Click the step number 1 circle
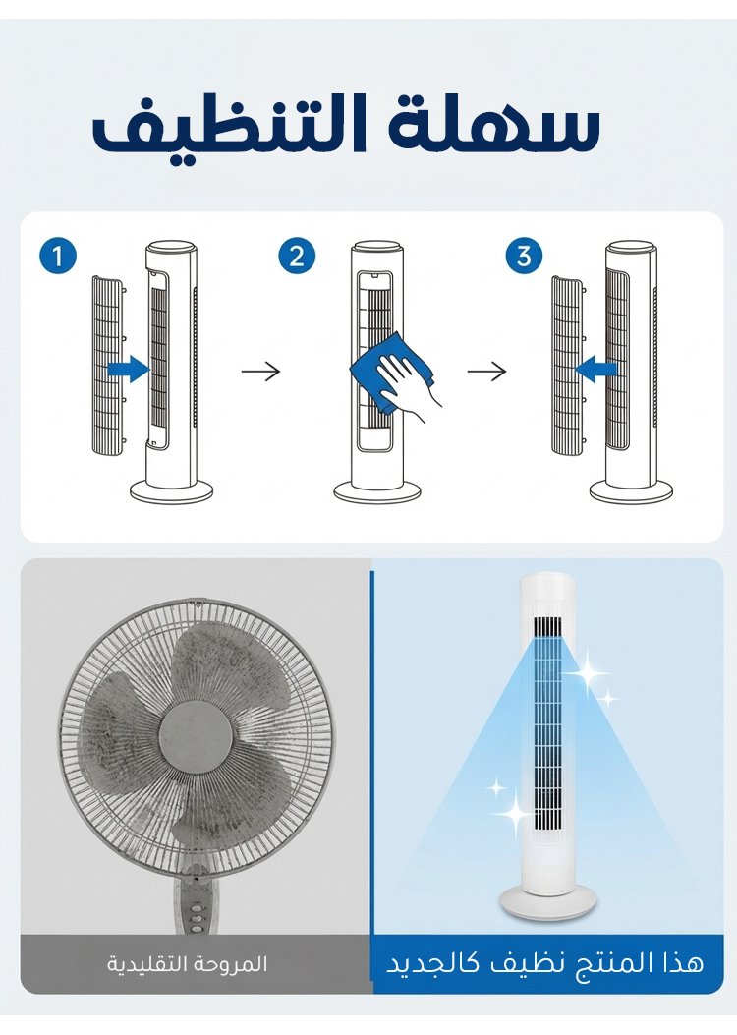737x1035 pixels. coord(58,256)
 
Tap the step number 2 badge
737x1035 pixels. coord(297,256)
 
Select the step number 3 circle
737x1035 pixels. coord(525,256)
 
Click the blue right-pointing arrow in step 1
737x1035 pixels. coord(130,369)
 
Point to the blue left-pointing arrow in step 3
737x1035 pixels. coord(595,369)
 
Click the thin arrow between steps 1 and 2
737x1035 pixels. coord(261,372)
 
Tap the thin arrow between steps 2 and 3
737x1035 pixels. coord(487,372)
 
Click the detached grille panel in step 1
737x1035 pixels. coord(107,366)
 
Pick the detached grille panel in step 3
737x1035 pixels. coord(568,366)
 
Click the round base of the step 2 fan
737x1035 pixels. coord(377,491)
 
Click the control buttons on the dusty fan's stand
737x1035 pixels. coord(196,909)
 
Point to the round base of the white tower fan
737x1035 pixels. coord(547,901)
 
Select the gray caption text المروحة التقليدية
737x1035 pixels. coord(188,964)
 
